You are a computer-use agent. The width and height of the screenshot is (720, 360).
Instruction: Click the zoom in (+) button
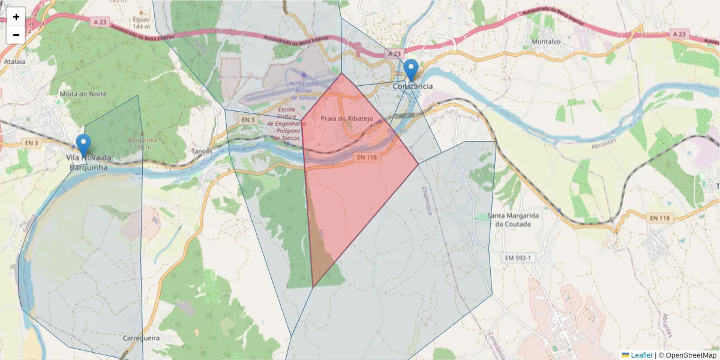[16, 17]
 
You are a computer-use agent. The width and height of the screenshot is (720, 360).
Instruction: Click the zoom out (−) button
[16, 35]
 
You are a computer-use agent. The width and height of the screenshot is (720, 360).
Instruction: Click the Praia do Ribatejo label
[346, 119]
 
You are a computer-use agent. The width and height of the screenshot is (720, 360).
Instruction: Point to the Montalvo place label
[545, 41]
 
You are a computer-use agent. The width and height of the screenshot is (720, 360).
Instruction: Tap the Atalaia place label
[14, 61]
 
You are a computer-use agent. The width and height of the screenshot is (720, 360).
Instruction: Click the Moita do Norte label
[83, 94]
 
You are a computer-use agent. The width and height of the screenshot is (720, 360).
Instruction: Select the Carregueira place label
[141, 338]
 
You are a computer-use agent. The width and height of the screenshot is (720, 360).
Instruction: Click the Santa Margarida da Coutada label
[512, 220]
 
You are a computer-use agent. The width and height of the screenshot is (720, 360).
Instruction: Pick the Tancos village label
[202, 151]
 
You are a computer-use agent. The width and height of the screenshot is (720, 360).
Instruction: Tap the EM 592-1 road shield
[517, 257]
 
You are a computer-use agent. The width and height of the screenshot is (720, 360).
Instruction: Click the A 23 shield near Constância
[393, 54]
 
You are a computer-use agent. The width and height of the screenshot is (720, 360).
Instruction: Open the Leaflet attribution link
[641, 355]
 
